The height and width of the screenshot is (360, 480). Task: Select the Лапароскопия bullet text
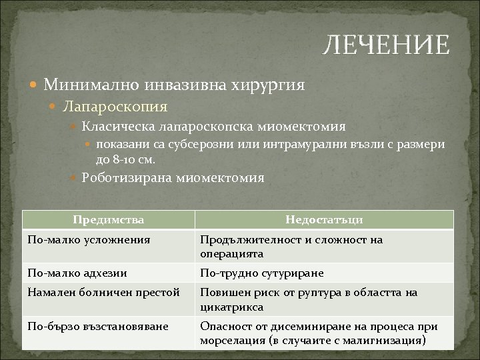coord(115,105)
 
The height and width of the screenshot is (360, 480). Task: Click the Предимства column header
coord(108,219)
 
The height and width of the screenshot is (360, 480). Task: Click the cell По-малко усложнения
coord(88,239)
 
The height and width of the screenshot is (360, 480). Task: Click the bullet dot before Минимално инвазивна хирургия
coord(34,85)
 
